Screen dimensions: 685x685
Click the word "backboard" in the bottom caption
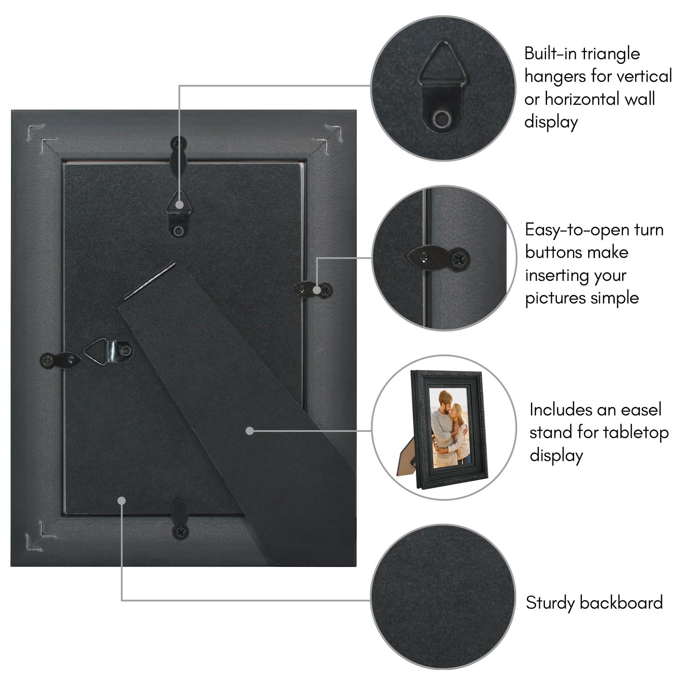pyautogui.click(x=621, y=603)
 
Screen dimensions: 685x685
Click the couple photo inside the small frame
pyautogui.click(x=448, y=427)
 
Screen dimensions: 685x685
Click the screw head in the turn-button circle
pyautogui.click(x=460, y=260)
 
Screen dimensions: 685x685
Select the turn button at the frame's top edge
pyautogui.click(x=179, y=156)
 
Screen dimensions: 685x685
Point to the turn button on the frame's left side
pyautogui.click(x=61, y=360)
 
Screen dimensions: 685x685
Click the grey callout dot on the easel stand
pyautogui.click(x=250, y=431)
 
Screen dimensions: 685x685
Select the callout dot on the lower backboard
pyautogui.click(x=121, y=501)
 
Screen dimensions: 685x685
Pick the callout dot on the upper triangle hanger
pyautogui.click(x=180, y=205)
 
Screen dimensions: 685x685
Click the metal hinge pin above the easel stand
pyautogui.click(x=149, y=281)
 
